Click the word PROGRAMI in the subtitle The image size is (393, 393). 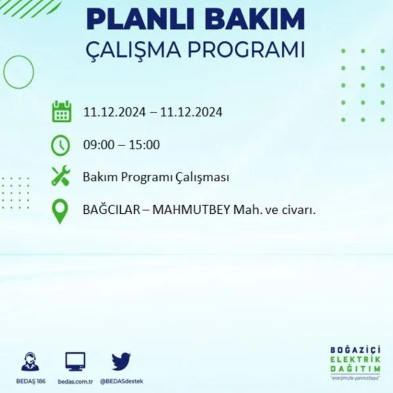click(x=243, y=50)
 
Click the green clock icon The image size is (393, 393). click(x=61, y=145)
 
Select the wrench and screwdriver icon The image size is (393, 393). click(x=61, y=176)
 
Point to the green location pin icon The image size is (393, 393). click(x=60, y=211)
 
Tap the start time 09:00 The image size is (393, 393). click(x=98, y=144)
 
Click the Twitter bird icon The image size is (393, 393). click(x=121, y=361)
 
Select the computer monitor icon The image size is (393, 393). click(x=75, y=361)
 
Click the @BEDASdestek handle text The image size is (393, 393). click(x=121, y=381)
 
